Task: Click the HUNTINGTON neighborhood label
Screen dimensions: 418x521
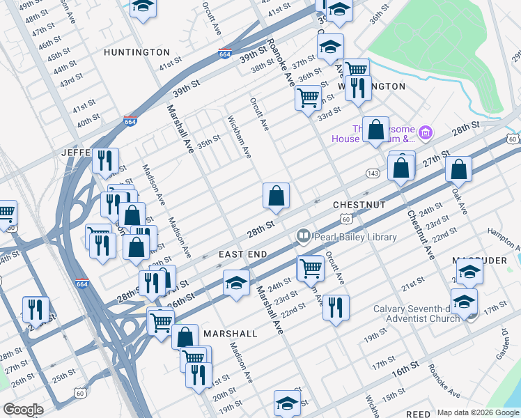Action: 137,52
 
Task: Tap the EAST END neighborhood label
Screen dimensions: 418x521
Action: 242,255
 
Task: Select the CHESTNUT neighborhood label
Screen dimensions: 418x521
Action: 359,205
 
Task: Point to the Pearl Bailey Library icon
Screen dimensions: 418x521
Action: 303,237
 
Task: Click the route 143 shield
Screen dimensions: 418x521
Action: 372,173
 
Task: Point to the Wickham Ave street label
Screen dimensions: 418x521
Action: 239,137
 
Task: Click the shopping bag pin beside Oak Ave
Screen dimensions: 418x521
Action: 459,169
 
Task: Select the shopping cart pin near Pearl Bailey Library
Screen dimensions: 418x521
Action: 310,268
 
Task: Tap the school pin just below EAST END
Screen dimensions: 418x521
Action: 236,283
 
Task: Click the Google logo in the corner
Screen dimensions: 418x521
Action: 23,410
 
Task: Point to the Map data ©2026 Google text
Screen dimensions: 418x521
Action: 478,412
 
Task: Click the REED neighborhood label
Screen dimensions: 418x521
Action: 418,414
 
